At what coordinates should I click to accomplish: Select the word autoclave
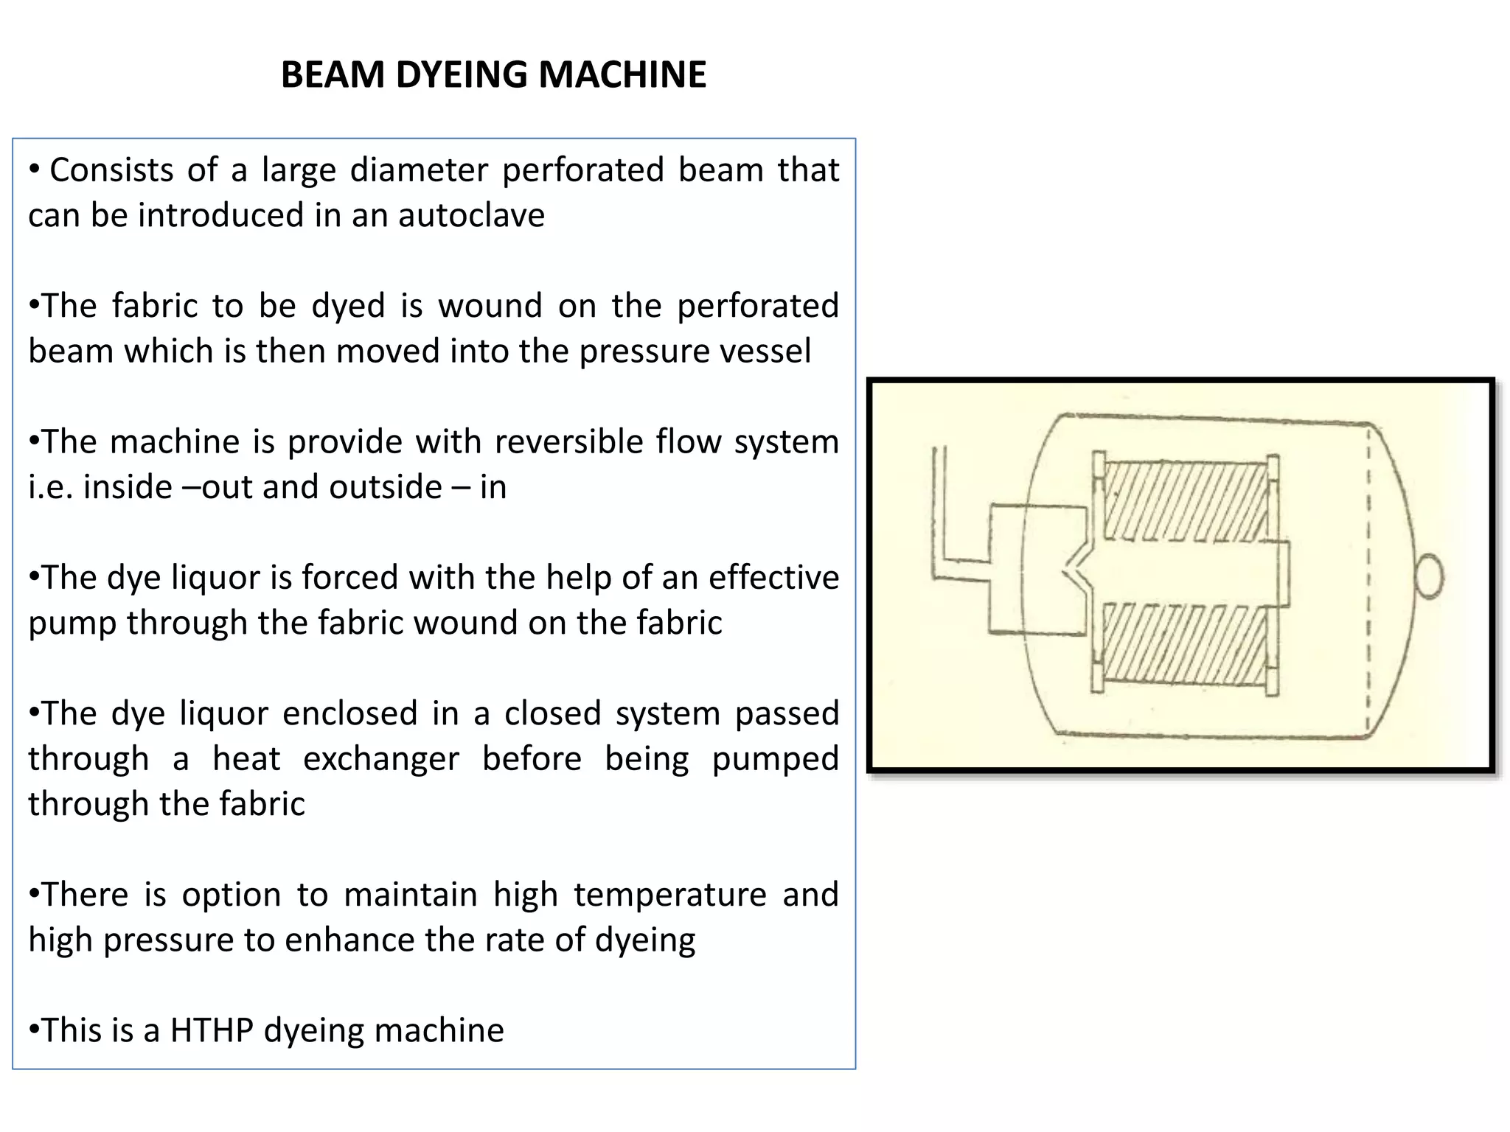[x=471, y=215]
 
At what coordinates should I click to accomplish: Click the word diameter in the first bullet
[x=418, y=170]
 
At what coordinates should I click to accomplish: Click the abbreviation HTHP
[x=212, y=1030]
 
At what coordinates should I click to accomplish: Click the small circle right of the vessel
[x=1428, y=576]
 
